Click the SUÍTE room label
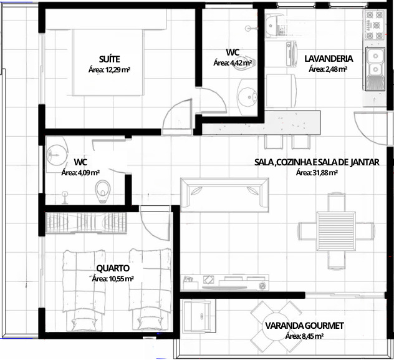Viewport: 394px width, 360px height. tap(109, 59)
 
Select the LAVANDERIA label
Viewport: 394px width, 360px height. tap(329, 58)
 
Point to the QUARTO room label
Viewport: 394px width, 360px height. tap(113, 268)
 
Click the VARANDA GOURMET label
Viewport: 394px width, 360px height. tap(304, 326)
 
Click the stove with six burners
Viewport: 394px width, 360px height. tap(375, 26)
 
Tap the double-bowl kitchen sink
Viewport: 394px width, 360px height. tap(375, 69)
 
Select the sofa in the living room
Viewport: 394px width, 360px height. tap(224, 195)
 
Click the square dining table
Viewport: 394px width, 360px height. tap(336, 231)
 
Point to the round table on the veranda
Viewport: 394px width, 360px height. tap(277, 326)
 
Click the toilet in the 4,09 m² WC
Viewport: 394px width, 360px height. tap(102, 192)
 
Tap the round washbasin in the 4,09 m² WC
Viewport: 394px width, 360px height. tap(57, 153)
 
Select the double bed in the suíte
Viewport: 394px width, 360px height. tap(108, 62)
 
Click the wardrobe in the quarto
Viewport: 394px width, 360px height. tap(86, 223)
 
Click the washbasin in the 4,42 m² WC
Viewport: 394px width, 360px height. tap(247, 97)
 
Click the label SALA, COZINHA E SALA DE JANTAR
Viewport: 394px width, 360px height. tap(317, 162)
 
